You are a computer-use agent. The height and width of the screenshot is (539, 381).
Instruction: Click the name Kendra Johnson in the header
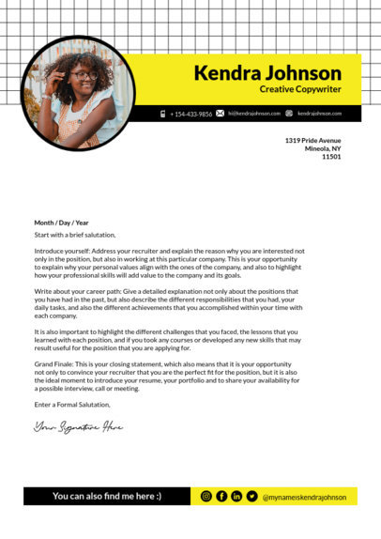267,73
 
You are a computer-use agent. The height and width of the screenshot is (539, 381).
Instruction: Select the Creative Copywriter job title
300,89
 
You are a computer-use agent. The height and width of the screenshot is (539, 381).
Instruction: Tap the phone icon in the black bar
163,114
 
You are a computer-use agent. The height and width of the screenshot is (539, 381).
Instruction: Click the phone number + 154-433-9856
190,114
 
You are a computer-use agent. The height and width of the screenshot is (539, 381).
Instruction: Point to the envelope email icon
221,114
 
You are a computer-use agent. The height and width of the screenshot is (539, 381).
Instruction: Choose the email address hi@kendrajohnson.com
254,114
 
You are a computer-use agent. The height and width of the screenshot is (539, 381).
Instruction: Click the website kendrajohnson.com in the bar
319,114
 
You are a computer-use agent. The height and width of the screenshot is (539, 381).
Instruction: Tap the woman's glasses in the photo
83,76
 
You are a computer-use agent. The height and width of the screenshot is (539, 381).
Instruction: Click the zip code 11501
331,157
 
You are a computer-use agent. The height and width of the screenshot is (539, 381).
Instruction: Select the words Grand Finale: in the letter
55,362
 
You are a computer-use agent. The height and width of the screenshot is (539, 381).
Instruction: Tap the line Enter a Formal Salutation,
72,405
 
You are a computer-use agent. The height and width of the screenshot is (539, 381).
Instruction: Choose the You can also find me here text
106,496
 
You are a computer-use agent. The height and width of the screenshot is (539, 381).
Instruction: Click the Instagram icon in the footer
206,496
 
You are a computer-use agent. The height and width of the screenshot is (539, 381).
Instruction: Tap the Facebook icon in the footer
221,496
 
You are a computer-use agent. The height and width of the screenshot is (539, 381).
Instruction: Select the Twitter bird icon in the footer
252,496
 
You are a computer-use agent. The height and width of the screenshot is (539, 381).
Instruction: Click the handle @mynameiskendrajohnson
305,497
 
